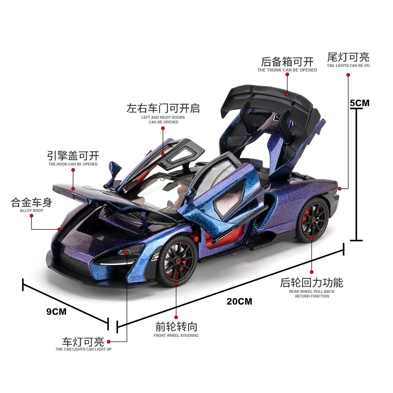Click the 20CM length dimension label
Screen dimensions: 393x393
click(x=239, y=301)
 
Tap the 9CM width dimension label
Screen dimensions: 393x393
click(x=57, y=312)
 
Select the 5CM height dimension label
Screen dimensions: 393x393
click(x=360, y=103)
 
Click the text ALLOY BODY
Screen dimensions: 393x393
click(x=31, y=211)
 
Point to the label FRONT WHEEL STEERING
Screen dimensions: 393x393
click(x=176, y=335)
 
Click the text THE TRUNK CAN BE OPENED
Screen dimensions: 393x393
click(x=287, y=70)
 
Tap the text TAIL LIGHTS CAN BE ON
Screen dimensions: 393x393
click(x=348, y=66)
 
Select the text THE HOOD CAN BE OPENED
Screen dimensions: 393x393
click(x=73, y=164)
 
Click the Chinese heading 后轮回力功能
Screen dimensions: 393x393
click(x=312, y=283)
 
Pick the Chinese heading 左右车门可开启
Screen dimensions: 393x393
click(x=163, y=108)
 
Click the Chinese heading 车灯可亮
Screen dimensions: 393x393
click(x=83, y=342)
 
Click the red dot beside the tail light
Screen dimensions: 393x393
click(x=340, y=189)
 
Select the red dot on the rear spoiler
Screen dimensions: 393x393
click(x=287, y=94)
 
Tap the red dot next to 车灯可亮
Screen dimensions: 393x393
click(x=108, y=342)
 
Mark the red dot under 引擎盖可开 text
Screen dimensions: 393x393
click(x=73, y=170)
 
